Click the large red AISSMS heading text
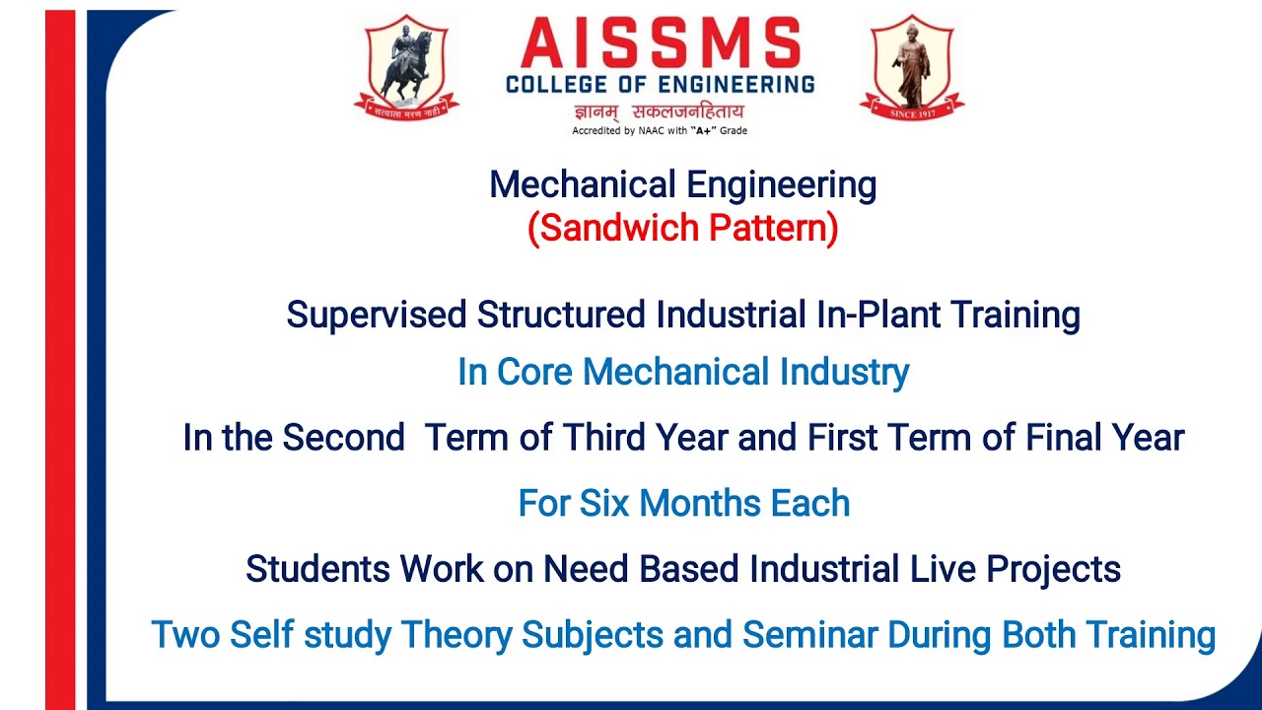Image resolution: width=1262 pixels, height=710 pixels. pos(660,44)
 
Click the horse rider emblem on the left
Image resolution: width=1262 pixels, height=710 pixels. pos(406,67)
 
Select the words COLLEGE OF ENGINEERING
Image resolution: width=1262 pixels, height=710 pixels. pos(660,84)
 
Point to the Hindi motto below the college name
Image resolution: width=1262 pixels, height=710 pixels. pos(660,111)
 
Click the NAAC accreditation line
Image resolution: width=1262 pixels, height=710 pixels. pos(660,130)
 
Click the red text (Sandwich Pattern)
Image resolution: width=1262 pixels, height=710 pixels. pos(682,228)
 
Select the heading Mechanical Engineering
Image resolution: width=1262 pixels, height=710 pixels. pos(682,184)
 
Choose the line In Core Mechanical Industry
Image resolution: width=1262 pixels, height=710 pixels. pos(682,372)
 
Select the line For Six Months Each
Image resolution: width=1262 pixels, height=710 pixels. pos(683,503)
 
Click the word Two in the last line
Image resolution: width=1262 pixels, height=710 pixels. pos(185,635)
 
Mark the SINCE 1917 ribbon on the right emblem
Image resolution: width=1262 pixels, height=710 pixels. pos(912,112)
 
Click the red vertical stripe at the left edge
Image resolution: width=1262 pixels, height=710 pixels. pos(60,355)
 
